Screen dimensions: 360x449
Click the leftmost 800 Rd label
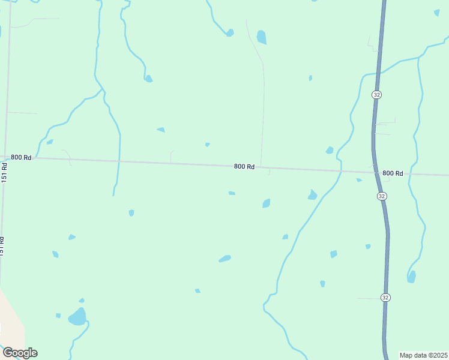(21, 157)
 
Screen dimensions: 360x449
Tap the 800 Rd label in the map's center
(244, 166)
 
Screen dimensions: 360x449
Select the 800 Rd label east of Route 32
(393, 173)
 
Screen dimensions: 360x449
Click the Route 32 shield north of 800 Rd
(376, 95)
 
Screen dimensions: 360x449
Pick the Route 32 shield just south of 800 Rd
(382, 196)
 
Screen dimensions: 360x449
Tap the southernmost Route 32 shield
(385, 297)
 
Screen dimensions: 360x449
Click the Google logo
(20, 353)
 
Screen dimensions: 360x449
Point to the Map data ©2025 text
(424, 355)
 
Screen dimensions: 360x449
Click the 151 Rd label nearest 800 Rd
(4, 173)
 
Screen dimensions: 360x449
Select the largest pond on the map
(77, 316)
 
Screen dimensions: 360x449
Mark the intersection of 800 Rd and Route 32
(375, 172)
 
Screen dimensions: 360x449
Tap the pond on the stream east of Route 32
(411, 277)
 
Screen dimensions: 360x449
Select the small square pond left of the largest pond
(58, 315)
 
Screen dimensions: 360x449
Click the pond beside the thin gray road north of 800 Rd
(261, 37)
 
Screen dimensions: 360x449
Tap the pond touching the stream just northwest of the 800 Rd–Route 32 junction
(329, 150)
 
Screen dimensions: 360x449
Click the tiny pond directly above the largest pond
(82, 300)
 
